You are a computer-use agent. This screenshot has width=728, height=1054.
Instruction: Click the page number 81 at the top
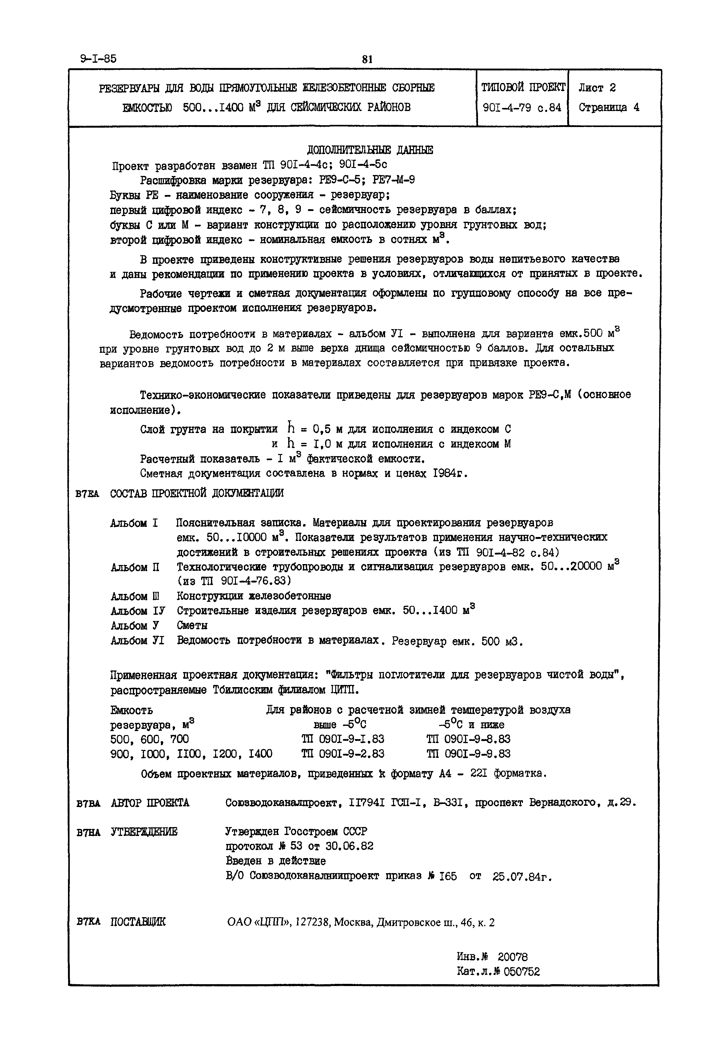pyautogui.click(x=367, y=59)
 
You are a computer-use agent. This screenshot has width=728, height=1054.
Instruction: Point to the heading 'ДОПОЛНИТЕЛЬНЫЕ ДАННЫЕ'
pyautogui.click(x=370, y=150)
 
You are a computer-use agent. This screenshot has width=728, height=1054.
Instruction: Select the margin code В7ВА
pyautogui.click(x=89, y=803)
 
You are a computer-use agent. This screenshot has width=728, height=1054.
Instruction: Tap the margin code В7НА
pyautogui.click(x=89, y=832)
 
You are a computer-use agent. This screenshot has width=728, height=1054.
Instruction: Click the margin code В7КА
pyautogui.click(x=89, y=922)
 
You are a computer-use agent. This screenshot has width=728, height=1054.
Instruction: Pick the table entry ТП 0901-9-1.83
pyautogui.click(x=343, y=739)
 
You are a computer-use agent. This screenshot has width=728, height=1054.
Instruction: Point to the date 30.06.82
pyautogui.click(x=349, y=846)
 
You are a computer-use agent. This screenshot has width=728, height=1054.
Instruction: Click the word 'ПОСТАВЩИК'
pyautogui.click(x=138, y=922)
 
